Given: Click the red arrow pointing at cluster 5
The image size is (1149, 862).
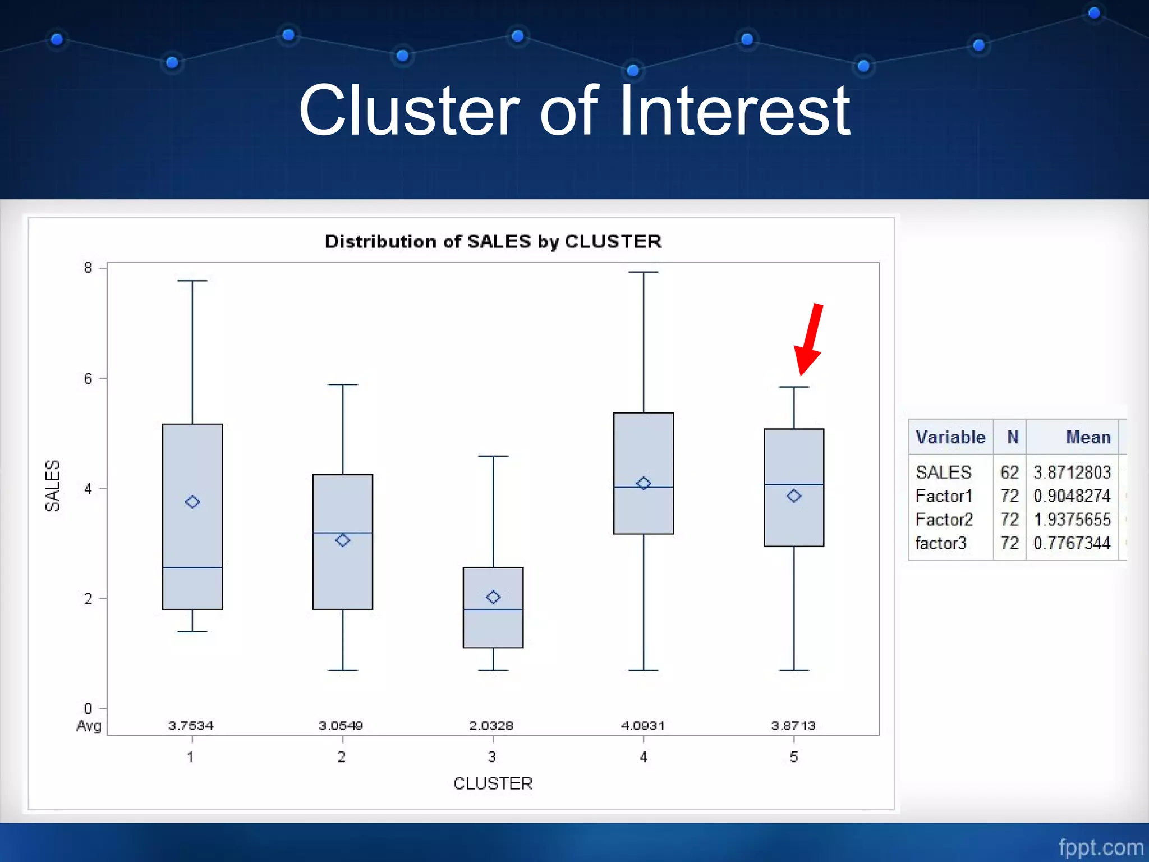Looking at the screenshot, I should tap(809, 340).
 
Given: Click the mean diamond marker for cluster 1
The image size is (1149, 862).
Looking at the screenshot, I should tap(192, 502).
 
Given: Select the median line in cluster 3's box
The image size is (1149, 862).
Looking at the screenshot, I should tap(493, 609).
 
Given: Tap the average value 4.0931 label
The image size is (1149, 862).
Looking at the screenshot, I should tap(643, 726).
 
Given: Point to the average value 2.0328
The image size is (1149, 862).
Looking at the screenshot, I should tap(491, 726).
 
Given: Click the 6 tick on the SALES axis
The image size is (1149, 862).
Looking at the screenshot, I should tap(88, 379).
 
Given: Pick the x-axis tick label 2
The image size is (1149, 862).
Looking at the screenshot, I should tap(342, 757).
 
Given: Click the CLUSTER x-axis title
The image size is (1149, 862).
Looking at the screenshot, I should tap(493, 783).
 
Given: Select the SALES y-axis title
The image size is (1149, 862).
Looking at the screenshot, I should tap(52, 486).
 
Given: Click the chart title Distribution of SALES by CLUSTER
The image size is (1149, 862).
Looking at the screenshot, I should tap(493, 241).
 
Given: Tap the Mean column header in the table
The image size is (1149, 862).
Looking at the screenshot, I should tap(1088, 437).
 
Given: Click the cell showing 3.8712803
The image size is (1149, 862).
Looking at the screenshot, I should tap(1072, 473).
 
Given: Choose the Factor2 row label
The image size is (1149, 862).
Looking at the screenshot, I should tap(944, 520).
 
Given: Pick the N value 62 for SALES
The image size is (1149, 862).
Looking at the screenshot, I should tap(1009, 473).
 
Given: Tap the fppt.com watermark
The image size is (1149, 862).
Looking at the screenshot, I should tap(1101, 847).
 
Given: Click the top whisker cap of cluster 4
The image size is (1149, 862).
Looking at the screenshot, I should tap(644, 272).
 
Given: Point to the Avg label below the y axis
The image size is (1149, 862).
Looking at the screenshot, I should tap(89, 726).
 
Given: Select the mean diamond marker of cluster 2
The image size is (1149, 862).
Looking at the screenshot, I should tap(343, 540).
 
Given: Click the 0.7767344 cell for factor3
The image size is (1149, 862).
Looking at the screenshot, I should tap(1072, 543).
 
